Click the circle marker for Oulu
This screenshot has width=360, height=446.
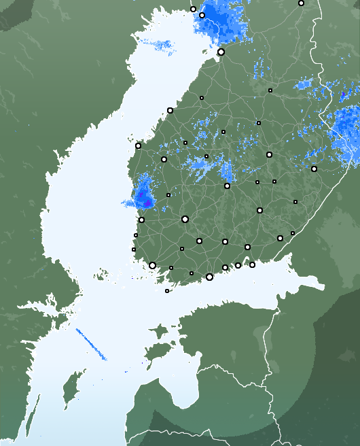(x=221, y=52)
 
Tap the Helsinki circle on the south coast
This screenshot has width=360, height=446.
(x=209, y=277)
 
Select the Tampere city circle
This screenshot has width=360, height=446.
(x=185, y=219)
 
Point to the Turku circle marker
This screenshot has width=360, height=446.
(x=152, y=265)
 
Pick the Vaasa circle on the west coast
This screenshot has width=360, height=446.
(x=138, y=145)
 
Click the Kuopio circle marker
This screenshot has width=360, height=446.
(x=269, y=154)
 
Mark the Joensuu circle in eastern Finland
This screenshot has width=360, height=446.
(x=314, y=169)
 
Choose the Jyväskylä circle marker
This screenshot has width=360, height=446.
(x=227, y=186)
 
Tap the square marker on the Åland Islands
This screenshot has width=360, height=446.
(x=167, y=291)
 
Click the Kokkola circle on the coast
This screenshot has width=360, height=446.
(x=170, y=110)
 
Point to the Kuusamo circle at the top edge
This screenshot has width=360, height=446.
(x=301, y=3)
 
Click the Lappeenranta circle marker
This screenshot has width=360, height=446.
(x=280, y=238)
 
